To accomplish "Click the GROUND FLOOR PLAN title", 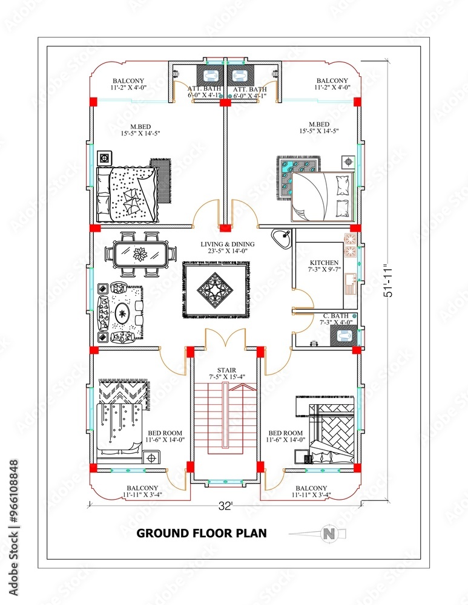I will click(x=201, y=533).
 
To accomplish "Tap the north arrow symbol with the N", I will click(x=327, y=533).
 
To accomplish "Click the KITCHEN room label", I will click(x=324, y=263).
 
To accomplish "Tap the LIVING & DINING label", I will click(x=228, y=244).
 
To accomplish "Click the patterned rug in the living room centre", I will click(x=216, y=289).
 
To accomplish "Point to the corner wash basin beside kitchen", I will click(x=281, y=238).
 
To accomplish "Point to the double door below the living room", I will click(x=226, y=338).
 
